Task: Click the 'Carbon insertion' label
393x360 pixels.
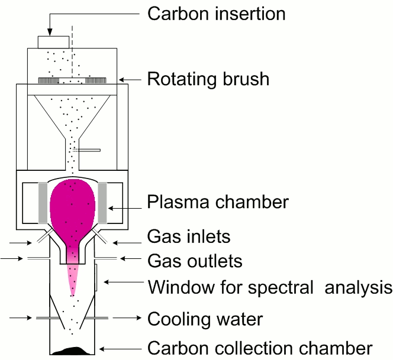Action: tap(216, 13)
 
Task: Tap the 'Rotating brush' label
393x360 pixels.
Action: tap(208, 79)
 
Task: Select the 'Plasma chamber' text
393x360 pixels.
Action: tap(218, 202)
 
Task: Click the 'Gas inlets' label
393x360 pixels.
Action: tap(188, 238)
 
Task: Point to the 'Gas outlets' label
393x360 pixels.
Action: tap(195, 261)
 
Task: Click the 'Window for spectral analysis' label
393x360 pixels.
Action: tap(270, 288)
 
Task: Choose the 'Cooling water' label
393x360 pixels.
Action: tap(205, 319)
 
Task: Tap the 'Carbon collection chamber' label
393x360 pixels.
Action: tap(260, 348)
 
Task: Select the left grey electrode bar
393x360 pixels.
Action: tap(43, 199)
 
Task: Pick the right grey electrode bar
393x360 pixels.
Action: tap(102, 199)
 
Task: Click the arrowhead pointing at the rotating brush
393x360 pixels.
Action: tap(121, 79)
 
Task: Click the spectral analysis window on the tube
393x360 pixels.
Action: tap(96, 278)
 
